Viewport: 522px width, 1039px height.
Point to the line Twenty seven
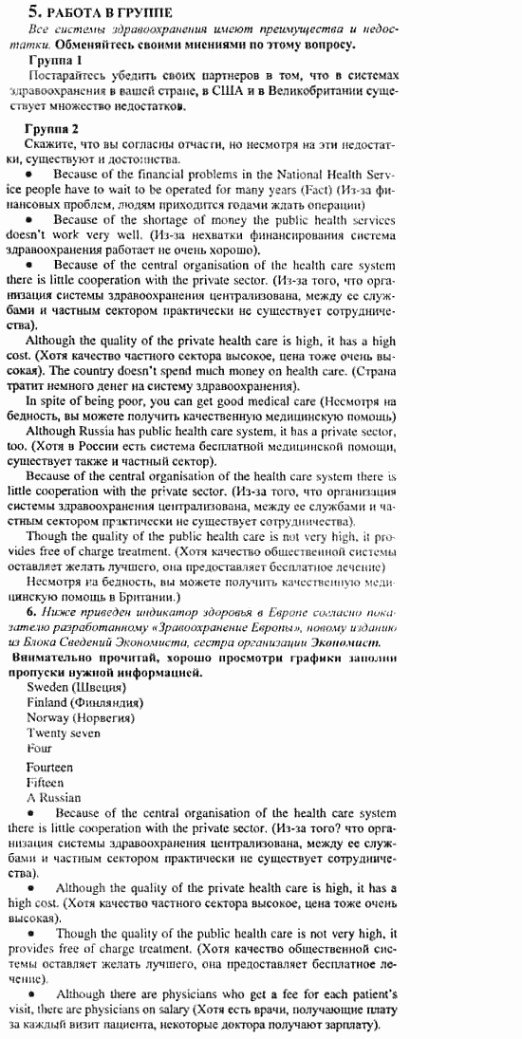pos(64,733)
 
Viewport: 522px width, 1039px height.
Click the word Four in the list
pos(39,749)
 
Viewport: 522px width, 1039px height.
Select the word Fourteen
pos(49,767)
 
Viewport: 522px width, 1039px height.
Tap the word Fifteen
pos(46,782)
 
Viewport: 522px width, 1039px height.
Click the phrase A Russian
pos(54,798)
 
